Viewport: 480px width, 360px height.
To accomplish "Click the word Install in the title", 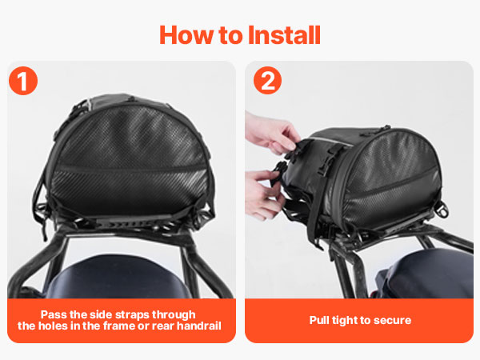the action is (284, 35).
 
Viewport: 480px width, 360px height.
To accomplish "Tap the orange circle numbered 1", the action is (23, 81).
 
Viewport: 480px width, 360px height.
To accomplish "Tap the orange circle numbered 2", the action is (267, 80).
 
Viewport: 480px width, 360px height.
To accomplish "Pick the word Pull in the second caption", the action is (318, 320).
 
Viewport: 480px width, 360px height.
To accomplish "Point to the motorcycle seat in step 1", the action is (119, 278).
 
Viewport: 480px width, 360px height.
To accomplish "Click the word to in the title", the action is (230, 36).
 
